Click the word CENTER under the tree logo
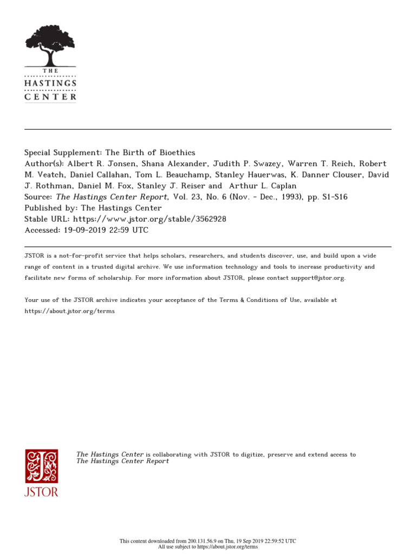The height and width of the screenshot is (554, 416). (x=50, y=97)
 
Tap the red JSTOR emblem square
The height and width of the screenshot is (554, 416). (x=41, y=466)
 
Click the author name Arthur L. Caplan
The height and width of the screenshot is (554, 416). (x=260, y=186)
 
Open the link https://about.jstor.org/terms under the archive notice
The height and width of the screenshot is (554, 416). (x=70, y=311)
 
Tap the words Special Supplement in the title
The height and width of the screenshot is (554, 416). (x=58, y=153)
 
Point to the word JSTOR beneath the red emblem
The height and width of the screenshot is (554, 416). (x=41, y=492)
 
